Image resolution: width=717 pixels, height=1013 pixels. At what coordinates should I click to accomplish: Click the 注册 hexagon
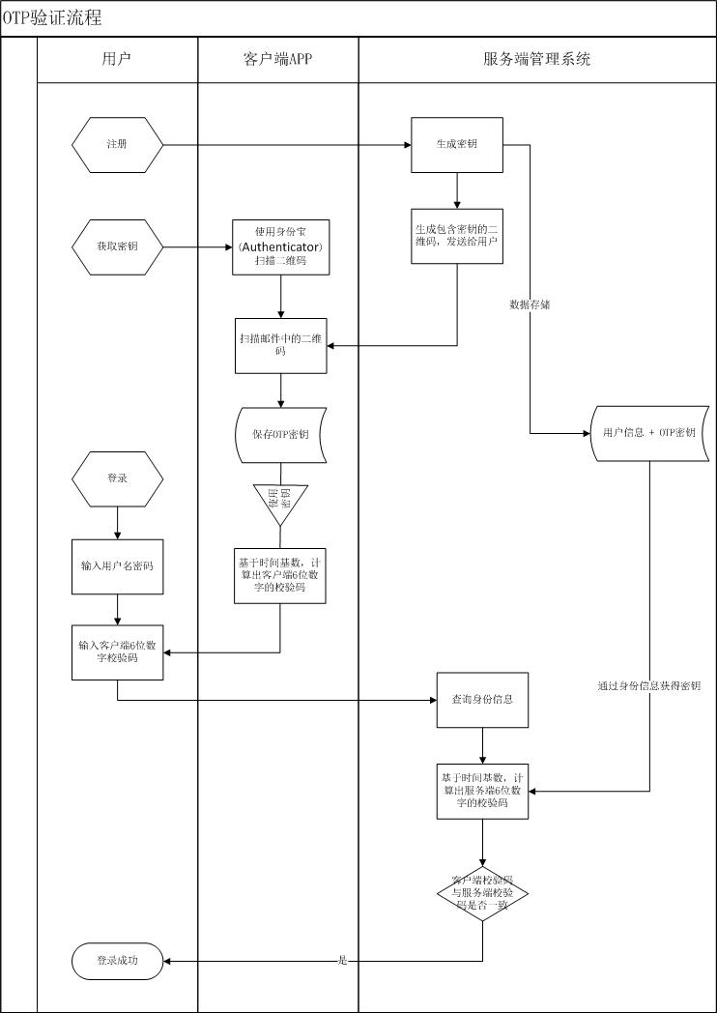click(x=117, y=145)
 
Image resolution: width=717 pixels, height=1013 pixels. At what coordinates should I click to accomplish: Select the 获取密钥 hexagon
click(x=117, y=247)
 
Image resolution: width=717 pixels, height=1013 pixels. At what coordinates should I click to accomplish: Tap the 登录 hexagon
click(x=117, y=478)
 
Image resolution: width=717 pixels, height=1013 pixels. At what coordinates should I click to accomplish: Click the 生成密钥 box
click(x=457, y=145)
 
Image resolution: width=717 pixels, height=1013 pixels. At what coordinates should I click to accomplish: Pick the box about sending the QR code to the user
click(x=457, y=236)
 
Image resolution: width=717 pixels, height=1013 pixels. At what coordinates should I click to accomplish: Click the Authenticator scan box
click(x=280, y=247)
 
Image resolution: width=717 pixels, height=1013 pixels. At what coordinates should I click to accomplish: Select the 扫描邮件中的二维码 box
click(x=280, y=345)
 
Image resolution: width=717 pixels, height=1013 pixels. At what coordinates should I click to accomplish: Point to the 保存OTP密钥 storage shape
click(x=280, y=435)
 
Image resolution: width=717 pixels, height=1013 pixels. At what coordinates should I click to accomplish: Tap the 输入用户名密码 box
click(x=117, y=567)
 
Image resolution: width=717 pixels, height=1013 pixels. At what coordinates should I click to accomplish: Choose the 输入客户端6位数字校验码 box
click(x=117, y=652)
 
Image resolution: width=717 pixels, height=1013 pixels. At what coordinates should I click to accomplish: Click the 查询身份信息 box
click(x=482, y=700)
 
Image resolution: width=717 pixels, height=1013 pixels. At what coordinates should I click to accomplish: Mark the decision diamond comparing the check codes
click(x=482, y=893)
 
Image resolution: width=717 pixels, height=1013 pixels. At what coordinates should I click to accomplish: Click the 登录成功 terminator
click(x=117, y=961)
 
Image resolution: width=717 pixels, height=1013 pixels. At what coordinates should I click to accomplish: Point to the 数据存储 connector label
click(x=531, y=304)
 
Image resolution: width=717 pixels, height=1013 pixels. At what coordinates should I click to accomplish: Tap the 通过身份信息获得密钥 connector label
click(x=649, y=686)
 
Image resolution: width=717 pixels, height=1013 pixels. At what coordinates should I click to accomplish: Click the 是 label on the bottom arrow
click(x=343, y=961)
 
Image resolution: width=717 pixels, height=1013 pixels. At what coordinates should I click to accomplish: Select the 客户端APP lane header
click(x=278, y=59)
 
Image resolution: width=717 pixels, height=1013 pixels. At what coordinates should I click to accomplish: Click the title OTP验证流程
click(x=53, y=18)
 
